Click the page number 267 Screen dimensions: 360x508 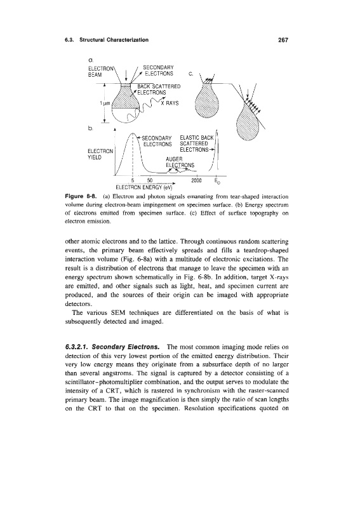coord(283,40)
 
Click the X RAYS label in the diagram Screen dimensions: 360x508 coord(170,104)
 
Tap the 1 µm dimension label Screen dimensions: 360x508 coord(105,104)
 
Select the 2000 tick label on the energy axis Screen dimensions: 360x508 coord(196,180)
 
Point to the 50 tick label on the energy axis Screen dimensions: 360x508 coord(150,180)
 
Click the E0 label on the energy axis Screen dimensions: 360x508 coord(216,181)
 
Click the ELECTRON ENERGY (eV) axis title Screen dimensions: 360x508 coord(144,187)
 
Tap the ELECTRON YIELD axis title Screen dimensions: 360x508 coord(100,154)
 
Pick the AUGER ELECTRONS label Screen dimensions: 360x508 coord(180,162)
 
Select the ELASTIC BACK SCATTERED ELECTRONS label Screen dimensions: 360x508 coord(197,144)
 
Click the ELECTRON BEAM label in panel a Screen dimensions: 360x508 coord(101,72)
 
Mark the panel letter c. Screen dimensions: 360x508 coord(190,74)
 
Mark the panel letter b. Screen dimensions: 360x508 coord(91,129)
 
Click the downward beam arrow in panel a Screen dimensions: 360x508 coord(126,77)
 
